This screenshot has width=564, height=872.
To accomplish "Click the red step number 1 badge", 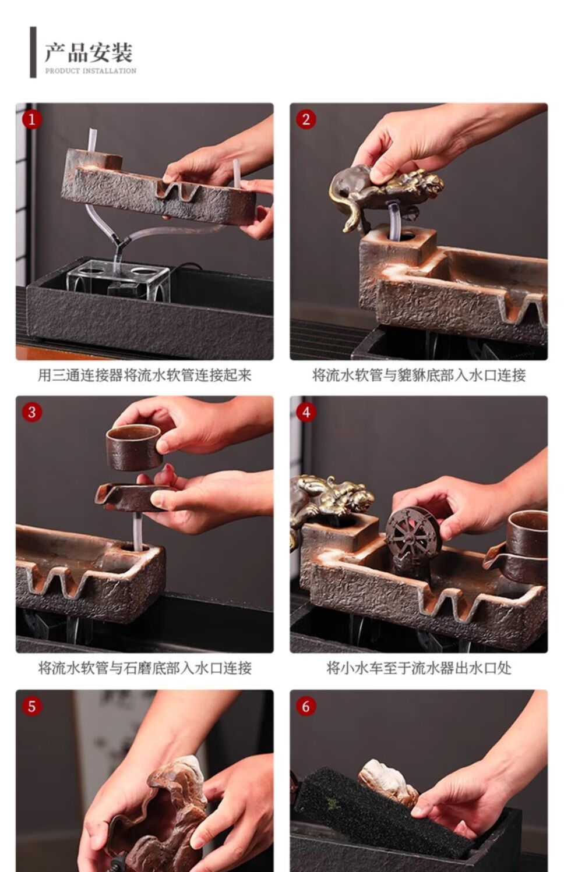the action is click(32, 119).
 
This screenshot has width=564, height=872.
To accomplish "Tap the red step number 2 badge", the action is click(306, 119).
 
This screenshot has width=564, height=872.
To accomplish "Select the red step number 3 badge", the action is click(32, 412).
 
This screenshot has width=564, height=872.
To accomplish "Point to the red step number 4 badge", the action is click(306, 412).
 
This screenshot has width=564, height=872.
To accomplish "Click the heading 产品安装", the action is click(89, 53).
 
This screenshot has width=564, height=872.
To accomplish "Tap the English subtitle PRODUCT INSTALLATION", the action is click(91, 71).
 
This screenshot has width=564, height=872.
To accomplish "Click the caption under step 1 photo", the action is click(144, 375).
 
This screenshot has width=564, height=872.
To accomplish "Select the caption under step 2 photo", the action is click(419, 375).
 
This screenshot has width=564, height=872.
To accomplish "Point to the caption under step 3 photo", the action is click(144, 668).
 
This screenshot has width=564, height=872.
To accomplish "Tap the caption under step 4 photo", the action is click(419, 668).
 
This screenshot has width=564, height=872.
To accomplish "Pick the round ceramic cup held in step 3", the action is click(133, 446).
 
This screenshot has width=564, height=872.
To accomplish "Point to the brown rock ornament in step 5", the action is click(158, 810).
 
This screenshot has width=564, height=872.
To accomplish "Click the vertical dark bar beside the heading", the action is click(33, 52).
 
